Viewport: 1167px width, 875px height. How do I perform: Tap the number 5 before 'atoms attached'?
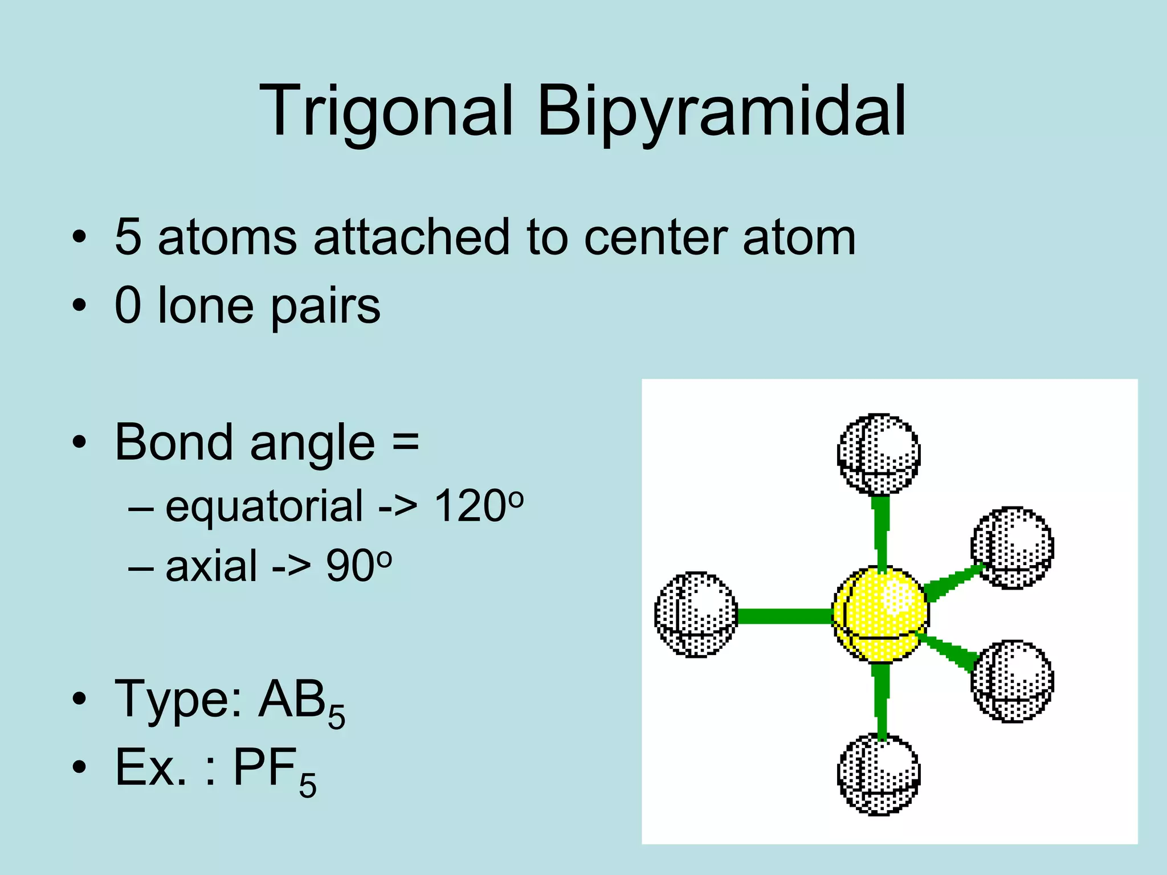pyautogui.click(x=128, y=237)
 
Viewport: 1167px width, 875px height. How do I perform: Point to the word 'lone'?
pyautogui.click(x=205, y=306)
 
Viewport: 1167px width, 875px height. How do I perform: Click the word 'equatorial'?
pyautogui.click(x=264, y=506)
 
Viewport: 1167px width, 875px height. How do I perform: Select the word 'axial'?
pyautogui.click(x=211, y=566)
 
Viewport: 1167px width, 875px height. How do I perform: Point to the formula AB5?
pyautogui.click(x=302, y=702)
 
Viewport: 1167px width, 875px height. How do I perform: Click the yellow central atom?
pyautogui.click(x=880, y=614)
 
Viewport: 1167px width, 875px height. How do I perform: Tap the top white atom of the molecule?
pyautogui.click(x=879, y=454)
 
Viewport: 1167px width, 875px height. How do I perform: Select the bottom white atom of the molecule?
pyautogui.click(x=879, y=774)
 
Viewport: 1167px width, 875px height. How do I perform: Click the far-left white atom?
pyautogui.click(x=696, y=614)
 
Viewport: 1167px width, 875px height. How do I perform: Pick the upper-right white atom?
pyautogui.click(x=1012, y=547)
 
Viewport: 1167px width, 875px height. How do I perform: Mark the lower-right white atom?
pyautogui.click(x=1012, y=681)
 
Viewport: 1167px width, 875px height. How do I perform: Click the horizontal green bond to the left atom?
pyautogui.click(x=785, y=616)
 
